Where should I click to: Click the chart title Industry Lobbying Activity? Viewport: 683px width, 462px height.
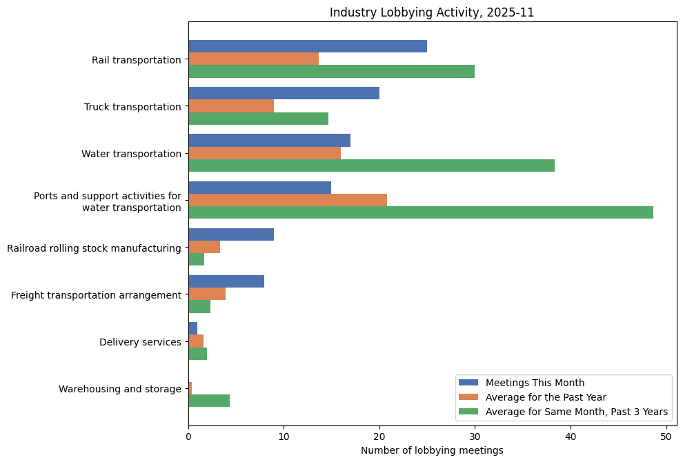click(432, 12)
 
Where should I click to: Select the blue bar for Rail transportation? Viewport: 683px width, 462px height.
click(308, 46)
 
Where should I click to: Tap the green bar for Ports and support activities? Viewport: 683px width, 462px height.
click(420, 212)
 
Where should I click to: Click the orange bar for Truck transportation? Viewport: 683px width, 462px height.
click(231, 106)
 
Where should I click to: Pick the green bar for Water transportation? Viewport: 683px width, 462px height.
click(371, 165)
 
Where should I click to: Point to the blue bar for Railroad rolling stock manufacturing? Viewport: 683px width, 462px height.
click(231, 234)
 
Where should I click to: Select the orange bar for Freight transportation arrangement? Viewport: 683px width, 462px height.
click(207, 294)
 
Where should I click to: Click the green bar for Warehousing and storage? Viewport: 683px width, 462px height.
click(209, 401)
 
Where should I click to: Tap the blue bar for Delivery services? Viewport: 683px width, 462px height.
click(192, 329)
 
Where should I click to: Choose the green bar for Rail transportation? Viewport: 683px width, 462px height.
click(331, 72)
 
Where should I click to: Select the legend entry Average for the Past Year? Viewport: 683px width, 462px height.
click(546, 397)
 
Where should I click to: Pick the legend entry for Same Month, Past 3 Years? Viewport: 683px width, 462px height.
click(577, 412)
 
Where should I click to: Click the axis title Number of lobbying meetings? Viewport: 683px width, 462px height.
click(432, 450)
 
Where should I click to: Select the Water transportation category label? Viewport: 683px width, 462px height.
click(131, 154)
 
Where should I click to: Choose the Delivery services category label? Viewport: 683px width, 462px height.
click(140, 342)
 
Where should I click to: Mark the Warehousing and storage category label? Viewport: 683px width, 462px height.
click(120, 389)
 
